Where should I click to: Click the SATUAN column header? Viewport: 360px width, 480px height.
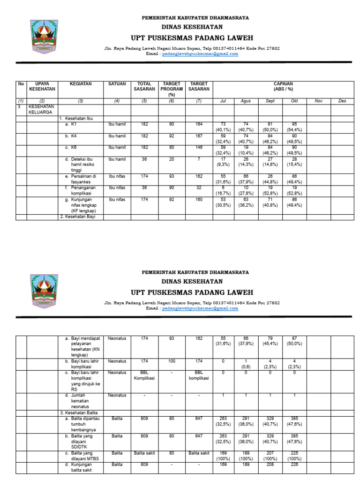pyautogui.click(x=117, y=84)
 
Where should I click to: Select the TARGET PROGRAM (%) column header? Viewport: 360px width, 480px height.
pyautogui.click(x=172, y=89)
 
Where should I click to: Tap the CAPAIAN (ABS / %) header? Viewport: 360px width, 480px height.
pyautogui.click(x=283, y=86)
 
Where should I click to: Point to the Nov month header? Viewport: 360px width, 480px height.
pyautogui.click(x=319, y=101)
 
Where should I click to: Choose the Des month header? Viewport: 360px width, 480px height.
pyautogui.click(x=342, y=101)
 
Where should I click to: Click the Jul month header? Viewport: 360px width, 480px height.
pyautogui.click(x=223, y=101)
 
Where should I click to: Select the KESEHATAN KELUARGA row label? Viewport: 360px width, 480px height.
pyautogui.click(x=42, y=110)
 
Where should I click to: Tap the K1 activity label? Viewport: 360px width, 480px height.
pyautogui.click(x=74, y=125)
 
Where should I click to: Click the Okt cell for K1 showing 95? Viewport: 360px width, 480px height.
pyautogui.click(x=294, y=127)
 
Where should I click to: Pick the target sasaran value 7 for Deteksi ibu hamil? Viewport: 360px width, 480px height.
pyautogui.click(x=199, y=159)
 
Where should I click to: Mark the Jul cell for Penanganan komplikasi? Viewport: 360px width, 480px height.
pyautogui.click(x=223, y=191)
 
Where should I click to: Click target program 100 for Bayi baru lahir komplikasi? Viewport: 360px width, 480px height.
pyautogui.click(x=172, y=361)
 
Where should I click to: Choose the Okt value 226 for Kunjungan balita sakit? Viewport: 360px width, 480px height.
pyautogui.click(x=294, y=465)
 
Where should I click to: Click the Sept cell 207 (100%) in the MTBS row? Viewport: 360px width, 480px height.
pyautogui.click(x=270, y=456)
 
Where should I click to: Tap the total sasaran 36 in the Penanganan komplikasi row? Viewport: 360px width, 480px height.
pyautogui.click(x=144, y=188)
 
